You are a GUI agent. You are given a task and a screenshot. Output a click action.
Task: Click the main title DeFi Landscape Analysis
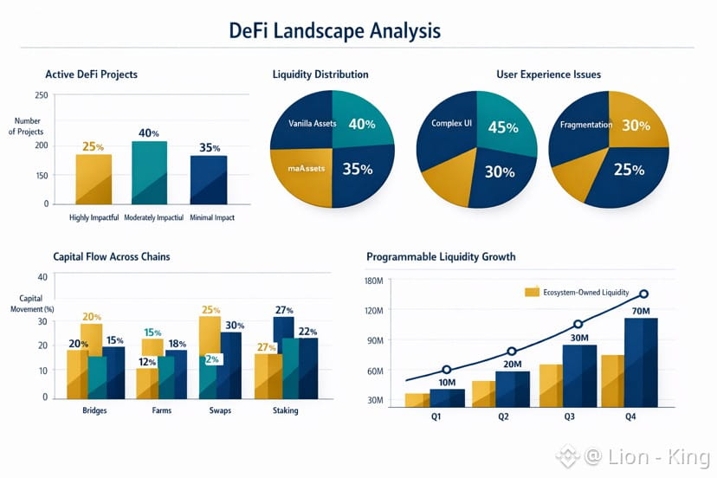[x=334, y=30]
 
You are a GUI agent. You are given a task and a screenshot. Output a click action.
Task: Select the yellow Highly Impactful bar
[x=94, y=178]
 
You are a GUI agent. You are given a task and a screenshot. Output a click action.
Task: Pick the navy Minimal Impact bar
[x=209, y=179]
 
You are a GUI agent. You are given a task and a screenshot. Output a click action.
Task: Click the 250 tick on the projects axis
[x=42, y=96]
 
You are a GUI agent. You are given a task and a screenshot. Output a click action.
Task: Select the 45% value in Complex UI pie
[x=503, y=127]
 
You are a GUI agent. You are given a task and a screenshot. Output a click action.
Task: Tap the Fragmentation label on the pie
[x=586, y=125]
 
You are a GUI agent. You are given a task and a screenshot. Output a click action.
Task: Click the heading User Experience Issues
[x=548, y=74]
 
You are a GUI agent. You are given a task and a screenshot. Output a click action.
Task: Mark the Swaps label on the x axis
[x=221, y=410]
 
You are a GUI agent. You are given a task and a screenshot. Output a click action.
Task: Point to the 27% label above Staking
[x=283, y=310]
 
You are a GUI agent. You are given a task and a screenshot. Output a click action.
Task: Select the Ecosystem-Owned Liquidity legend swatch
[x=532, y=293]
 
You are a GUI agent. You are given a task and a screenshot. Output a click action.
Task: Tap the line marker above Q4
[x=643, y=295]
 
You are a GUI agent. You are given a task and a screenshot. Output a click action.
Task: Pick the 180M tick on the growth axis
[x=374, y=281]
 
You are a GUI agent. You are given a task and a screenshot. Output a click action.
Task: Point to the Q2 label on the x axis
[x=502, y=416]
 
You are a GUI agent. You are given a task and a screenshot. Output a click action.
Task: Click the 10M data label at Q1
[x=447, y=383]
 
